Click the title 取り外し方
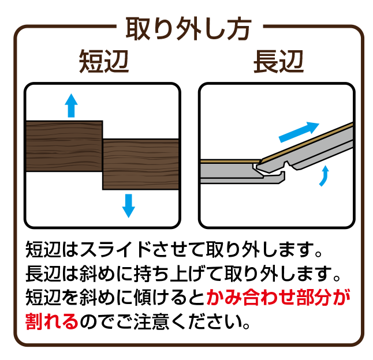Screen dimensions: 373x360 pos(188,29)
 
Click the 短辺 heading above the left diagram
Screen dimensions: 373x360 pos(104,61)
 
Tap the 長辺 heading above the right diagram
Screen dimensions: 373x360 pos(278,61)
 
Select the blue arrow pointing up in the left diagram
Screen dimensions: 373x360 pos(71,105)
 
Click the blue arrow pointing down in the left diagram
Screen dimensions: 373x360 pos(128,206)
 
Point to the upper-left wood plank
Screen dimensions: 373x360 pos(64,146)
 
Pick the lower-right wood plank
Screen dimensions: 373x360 pos(140,164)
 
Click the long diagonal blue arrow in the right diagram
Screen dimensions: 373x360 pos(299,132)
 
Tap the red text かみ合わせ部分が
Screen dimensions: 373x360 pos(278,297)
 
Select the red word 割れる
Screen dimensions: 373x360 pos(52,321)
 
